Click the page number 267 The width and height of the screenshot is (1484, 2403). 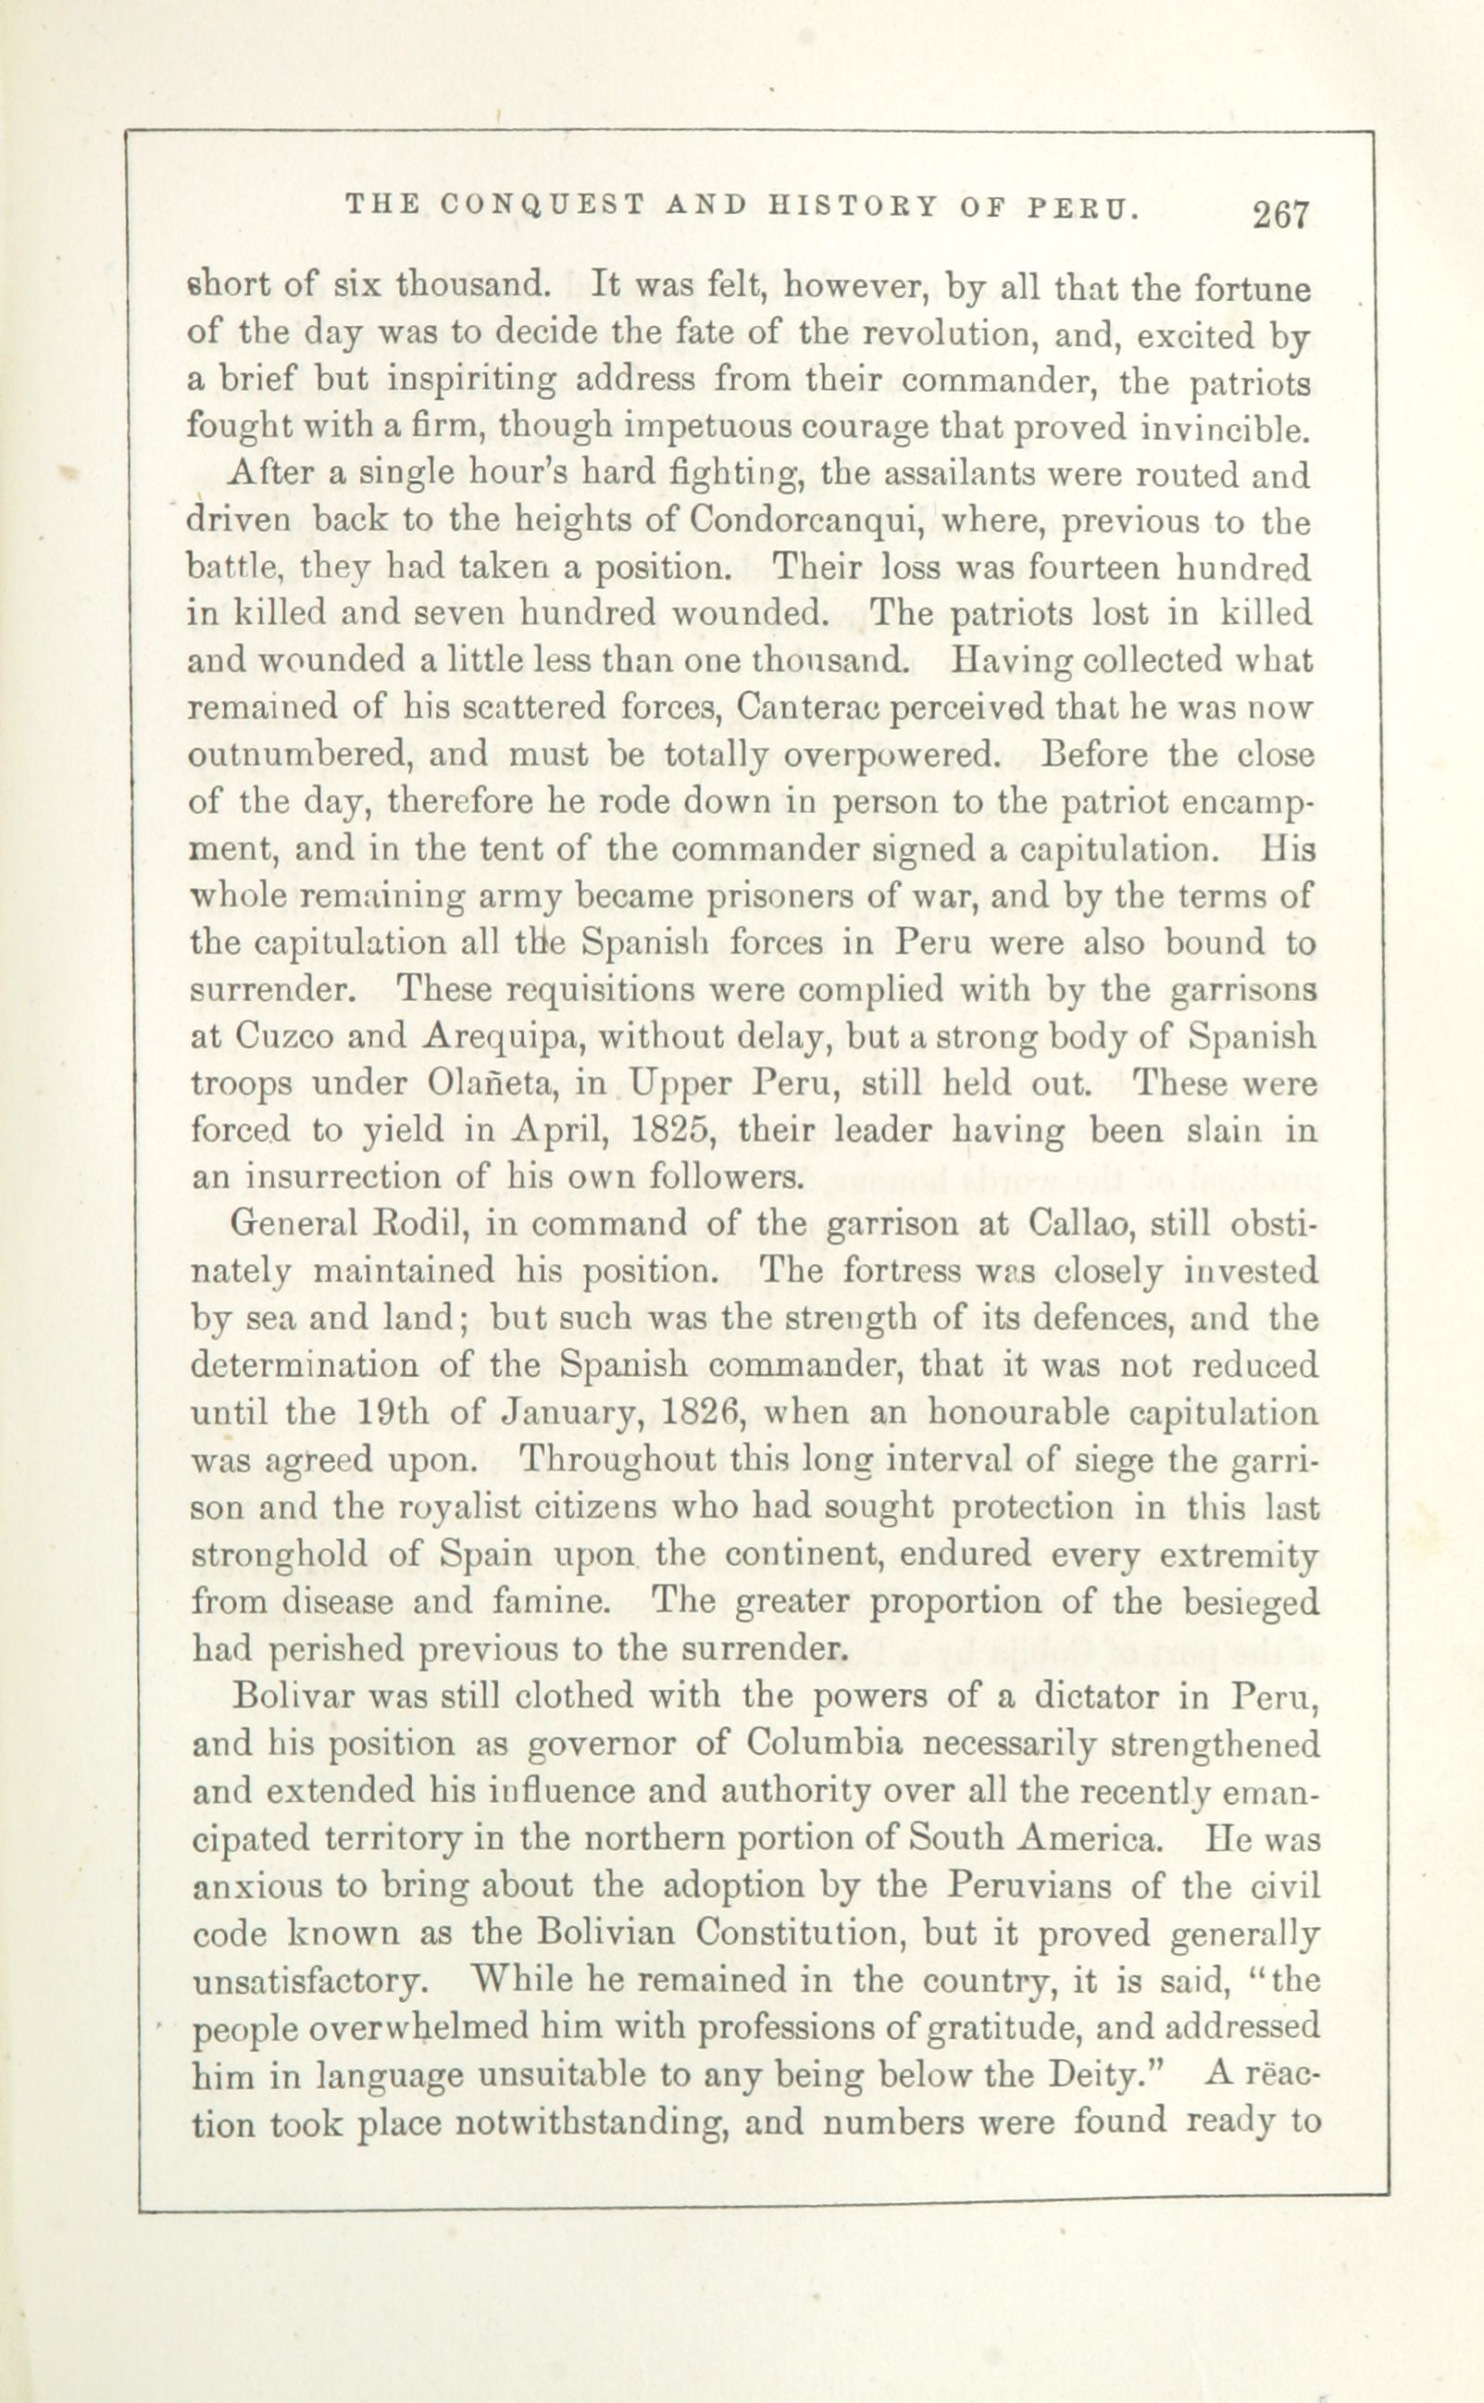[x=1281, y=215]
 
